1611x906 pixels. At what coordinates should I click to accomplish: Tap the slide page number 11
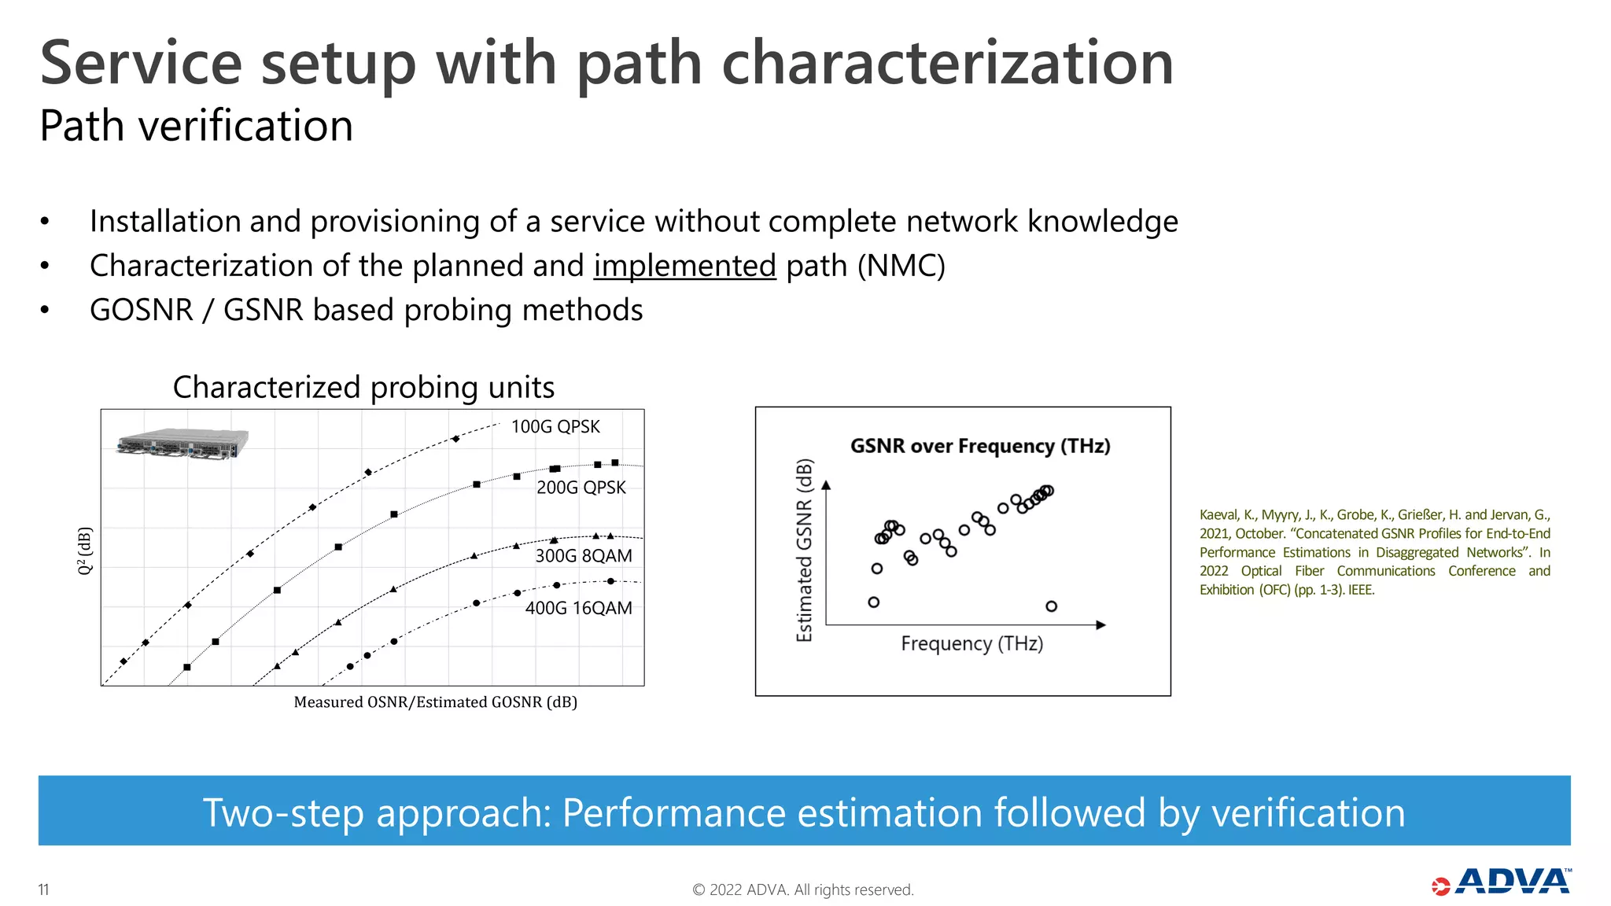point(44,889)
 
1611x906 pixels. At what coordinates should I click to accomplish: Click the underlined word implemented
point(684,266)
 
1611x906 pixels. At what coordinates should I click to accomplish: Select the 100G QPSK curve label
point(555,427)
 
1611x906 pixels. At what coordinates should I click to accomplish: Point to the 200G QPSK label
point(581,488)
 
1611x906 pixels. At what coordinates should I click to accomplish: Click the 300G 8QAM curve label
point(584,556)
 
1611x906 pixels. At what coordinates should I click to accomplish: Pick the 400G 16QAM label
point(578,608)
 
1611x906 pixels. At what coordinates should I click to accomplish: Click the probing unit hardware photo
point(182,443)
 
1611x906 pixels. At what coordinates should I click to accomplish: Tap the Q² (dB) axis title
point(85,551)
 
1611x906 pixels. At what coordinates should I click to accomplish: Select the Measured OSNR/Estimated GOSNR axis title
point(435,702)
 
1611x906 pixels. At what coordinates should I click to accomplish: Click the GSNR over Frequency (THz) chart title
point(980,446)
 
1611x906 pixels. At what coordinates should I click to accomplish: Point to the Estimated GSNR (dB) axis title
point(804,550)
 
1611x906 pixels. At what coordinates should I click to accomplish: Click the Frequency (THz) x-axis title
point(971,644)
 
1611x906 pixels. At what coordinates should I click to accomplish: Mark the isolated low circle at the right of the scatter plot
point(1051,606)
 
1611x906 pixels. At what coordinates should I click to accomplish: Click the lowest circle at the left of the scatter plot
point(873,602)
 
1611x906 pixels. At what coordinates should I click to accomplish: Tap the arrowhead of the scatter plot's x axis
point(1101,625)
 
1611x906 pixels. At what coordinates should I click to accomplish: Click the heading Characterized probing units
point(363,388)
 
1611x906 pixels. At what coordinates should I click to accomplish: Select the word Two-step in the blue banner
point(283,812)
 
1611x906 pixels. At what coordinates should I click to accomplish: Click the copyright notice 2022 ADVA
point(802,889)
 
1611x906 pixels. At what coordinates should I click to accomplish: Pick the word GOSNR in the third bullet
point(142,311)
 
